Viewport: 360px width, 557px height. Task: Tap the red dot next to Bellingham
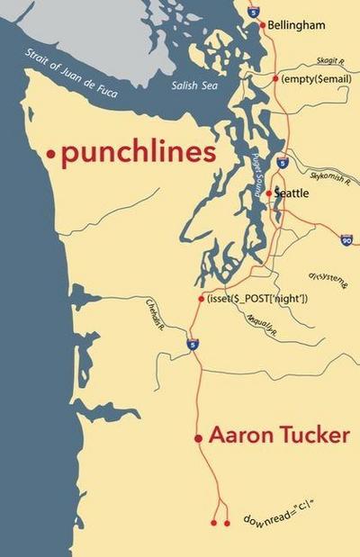point(263,25)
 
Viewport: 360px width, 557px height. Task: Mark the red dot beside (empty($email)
point(275,79)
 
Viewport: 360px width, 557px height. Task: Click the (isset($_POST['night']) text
point(257,299)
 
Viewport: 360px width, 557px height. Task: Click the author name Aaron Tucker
point(279,436)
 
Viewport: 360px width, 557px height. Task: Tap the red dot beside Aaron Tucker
point(198,438)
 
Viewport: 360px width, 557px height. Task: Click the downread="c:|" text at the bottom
point(282,514)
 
